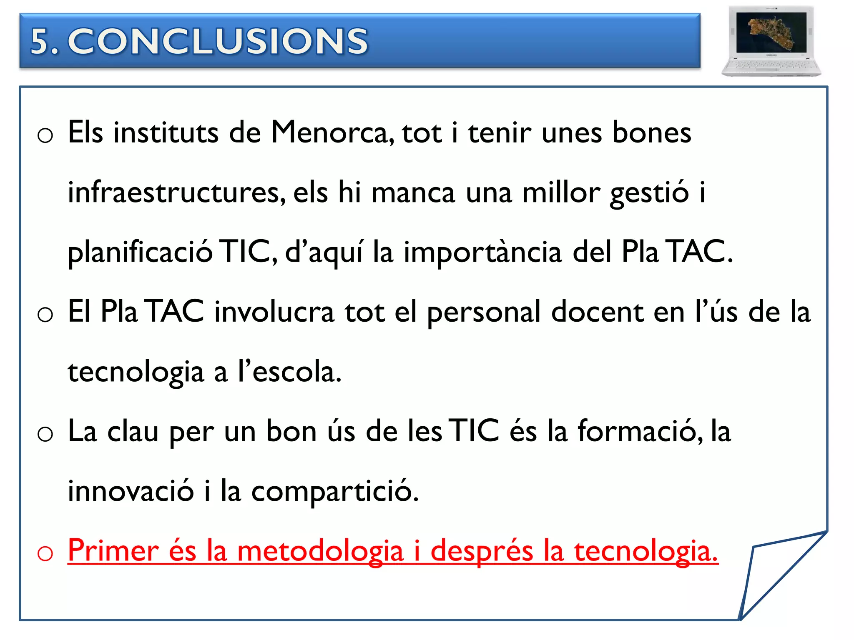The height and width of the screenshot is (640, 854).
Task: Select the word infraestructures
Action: click(x=177, y=192)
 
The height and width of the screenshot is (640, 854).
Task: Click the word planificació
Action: click(x=140, y=253)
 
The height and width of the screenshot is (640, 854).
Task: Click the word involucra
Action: click(x=274, y=312)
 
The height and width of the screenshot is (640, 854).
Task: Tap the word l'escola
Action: click(x=289, y=372)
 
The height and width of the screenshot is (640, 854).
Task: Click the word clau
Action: click(x=133, y=431)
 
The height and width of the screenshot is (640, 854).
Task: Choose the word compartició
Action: click(x=335, y=492)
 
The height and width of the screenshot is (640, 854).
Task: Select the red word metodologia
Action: click(x=320, y=552)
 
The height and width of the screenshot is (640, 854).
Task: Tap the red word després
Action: click(x=482, y=552)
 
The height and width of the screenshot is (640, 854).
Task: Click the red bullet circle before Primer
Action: click(x=45, y=554)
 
